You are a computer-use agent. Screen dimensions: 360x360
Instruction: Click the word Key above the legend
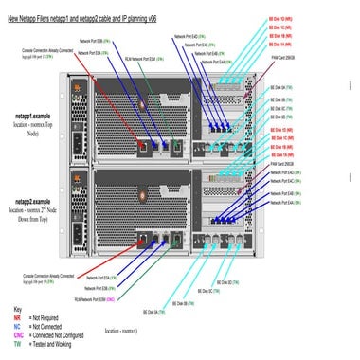point(17,309)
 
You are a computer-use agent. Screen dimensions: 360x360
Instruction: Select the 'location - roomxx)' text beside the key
point(127,332)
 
